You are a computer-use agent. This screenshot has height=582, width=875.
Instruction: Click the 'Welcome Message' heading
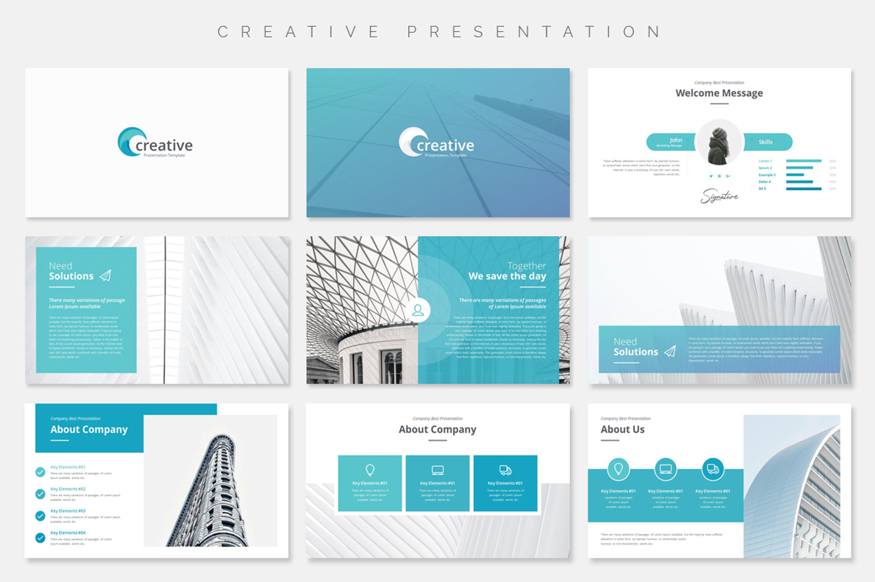point(719,93)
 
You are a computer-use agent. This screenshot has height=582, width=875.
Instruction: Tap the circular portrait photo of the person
point(719,143)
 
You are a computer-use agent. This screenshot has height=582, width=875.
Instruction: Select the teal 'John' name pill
point(672,142)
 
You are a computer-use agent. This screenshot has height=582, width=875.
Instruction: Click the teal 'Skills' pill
point(767,142)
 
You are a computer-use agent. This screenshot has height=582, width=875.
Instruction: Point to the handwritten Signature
point(719,195)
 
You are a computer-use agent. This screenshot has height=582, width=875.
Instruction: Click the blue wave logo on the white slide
point(130,142)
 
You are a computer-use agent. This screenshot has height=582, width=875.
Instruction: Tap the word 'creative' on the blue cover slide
point(445,145)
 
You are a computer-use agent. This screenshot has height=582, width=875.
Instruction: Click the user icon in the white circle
point(418,310)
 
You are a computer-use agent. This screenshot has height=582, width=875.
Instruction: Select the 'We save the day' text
point(507,277)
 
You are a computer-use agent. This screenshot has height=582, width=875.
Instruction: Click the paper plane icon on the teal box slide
point(106,275)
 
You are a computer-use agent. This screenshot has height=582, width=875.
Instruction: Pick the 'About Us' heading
point(622,430)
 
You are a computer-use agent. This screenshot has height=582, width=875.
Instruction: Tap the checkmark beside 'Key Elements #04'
point(40,538)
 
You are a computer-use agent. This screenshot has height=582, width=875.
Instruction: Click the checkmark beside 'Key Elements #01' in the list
point(40,472)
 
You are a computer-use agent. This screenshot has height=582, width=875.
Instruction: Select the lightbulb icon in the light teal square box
point(370,469)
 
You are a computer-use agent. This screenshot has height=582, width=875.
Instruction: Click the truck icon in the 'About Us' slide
point(713,469)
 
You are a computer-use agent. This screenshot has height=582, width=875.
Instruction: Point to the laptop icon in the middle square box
point(437,470)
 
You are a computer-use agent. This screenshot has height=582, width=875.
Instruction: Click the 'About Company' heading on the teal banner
point(89,430)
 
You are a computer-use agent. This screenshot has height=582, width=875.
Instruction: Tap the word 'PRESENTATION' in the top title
point(534,32)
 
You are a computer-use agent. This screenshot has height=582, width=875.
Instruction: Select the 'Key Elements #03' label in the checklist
point(68,511)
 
